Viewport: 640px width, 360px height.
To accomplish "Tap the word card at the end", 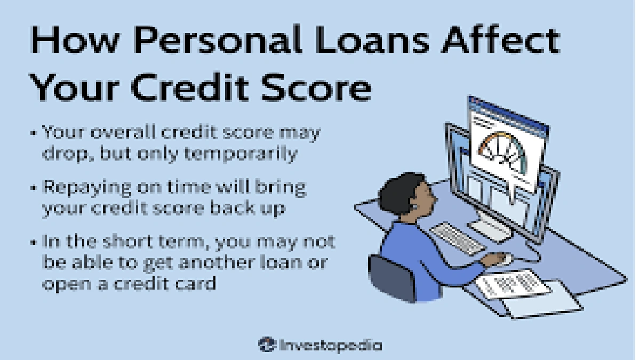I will (197, 283).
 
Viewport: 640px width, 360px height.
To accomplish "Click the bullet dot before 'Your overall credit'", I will (35, 132).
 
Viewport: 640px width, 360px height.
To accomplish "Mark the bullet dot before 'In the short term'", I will (35, 243).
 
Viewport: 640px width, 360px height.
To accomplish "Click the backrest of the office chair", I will (392, 278).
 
